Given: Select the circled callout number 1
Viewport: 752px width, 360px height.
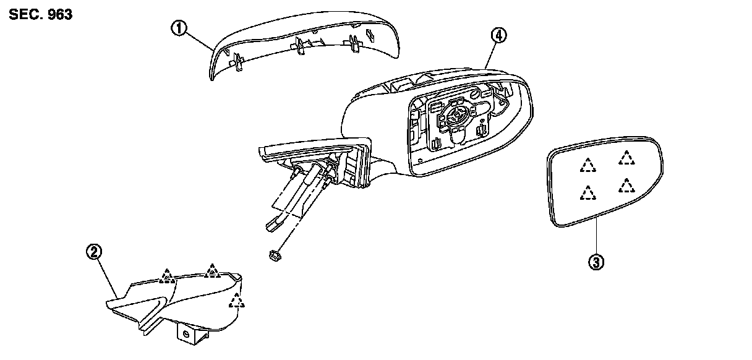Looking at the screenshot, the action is point(178,27).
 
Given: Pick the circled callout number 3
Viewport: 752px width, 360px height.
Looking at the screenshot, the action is point(596,262).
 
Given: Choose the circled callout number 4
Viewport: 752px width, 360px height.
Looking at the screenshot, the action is point(498,35).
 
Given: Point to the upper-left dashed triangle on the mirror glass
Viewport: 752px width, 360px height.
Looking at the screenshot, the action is point(587,165).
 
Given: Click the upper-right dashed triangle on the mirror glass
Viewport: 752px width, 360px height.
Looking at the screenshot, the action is point(627,158).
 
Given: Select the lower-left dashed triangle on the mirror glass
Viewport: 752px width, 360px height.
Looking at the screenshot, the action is point(586,194).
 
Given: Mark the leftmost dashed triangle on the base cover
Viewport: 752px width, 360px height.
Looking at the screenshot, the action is point(165,276).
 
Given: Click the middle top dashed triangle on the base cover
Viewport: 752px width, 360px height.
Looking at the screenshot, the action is point(212,270).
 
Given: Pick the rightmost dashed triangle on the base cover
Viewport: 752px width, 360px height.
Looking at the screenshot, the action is point(236,301).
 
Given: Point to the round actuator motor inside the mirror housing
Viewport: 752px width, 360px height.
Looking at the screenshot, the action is point(456,114).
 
